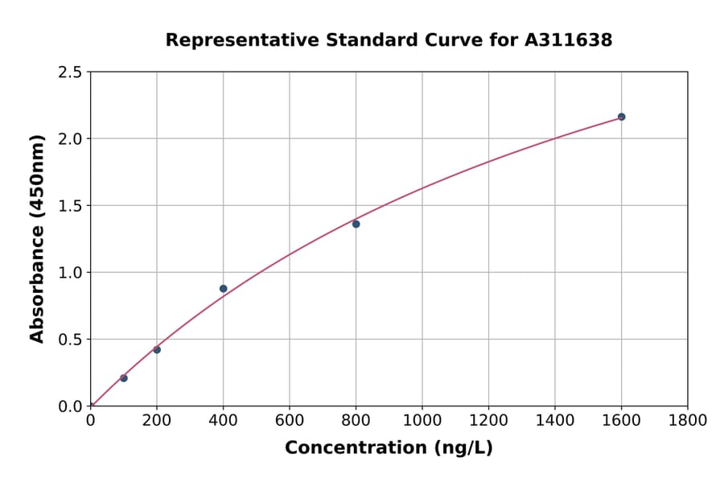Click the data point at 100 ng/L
pyautogui.click(x=124, y=378)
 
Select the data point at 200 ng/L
pyautogui.click(x=157, y=349)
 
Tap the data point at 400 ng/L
pyautogui.click(x=224, y=289)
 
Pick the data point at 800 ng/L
pyautogui.click(x=356, y=224)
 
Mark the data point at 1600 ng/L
pyautogui.click(x=621, y=117)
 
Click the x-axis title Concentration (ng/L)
pyautogui.click(x=389, y=448)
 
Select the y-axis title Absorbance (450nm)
pyautogui.click(x=37, y=239)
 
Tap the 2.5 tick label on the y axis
pyautogui.click(x=71, y=72)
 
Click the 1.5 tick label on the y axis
pyautogui.click(x=71, y=206)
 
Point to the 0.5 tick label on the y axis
pyautogui.click(x=71, y=340)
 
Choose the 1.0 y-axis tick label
pyautogui.click(x=71, y=273)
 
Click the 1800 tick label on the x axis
pyautogui.click(x=687, y=420)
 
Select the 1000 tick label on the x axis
pyautogui.click(x=422, y=420)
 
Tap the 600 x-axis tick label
pyautogui.click(x=290, y=420)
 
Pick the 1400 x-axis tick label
pyautogui.click(x=554, y=420)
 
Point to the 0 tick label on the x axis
pyautogui.click(x=91, y=420)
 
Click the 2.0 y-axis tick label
pyautogui.click(x=71, y=139)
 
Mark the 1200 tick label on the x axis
pyautogui.click(x=488, y=420)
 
